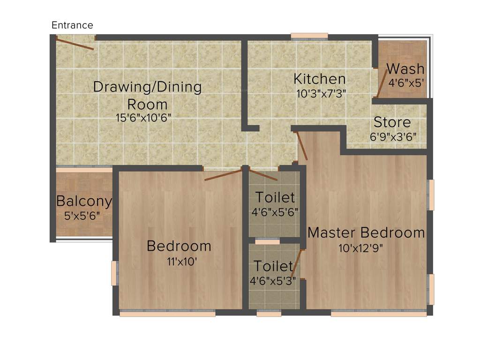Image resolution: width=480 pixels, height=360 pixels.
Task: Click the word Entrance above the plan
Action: click(x=72, y=25)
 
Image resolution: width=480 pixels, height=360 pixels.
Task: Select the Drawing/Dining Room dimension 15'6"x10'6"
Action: click(x=143, y=118)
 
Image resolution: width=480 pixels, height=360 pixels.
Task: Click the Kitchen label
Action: click(x=320, y=79)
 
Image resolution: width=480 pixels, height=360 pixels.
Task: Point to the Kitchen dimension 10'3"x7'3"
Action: click(x=321, y=93)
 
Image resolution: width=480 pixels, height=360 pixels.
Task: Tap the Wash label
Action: click(x=405, y=69)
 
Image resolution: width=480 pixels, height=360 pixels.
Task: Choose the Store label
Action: click(x=392, y=123)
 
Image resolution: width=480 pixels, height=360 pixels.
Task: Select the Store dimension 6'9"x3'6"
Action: click(x=393, y=138)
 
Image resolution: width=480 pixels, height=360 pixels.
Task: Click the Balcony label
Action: click(x=84, y=202)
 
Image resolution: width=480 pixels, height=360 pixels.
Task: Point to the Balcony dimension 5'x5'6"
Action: click(x=82, y=216)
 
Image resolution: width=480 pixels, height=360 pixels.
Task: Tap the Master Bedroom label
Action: click(x=366, y=232)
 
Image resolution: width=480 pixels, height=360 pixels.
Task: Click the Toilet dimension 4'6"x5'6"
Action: click(x=275, y=212)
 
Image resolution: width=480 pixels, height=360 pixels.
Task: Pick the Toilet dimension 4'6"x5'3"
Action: click(x=273, y=281)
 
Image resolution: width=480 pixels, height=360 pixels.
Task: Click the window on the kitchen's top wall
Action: click(x=309, y=36)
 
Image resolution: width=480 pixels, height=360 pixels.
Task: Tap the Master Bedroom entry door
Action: click(x=302, y=146)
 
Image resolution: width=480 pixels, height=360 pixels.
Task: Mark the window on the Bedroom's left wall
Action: click(x=114, y=273)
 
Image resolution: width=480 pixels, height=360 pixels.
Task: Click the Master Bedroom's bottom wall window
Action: click(x=379, y=314)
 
